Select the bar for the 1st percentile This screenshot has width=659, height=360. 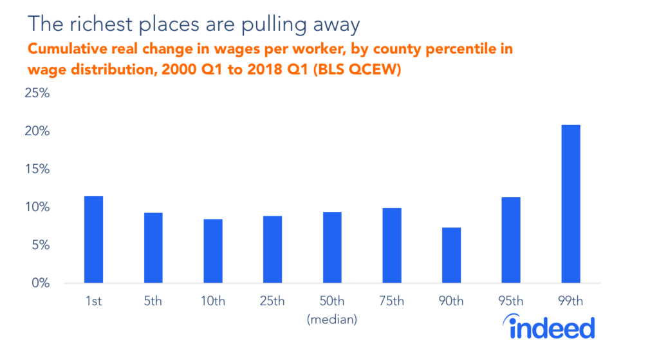pos(93,239)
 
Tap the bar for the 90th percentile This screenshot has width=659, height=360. pos(451,255)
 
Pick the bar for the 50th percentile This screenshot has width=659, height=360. pos(332,247)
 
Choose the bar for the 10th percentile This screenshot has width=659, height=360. pos(213,251)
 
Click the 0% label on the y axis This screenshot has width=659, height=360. pos(41,283)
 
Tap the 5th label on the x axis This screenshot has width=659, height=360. pos(153,301)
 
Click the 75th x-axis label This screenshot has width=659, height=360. pos(391,301)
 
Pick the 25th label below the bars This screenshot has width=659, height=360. pos(272,301)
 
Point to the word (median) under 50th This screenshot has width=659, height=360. pos(332,319)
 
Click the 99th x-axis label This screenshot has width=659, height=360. pos(570,301)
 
